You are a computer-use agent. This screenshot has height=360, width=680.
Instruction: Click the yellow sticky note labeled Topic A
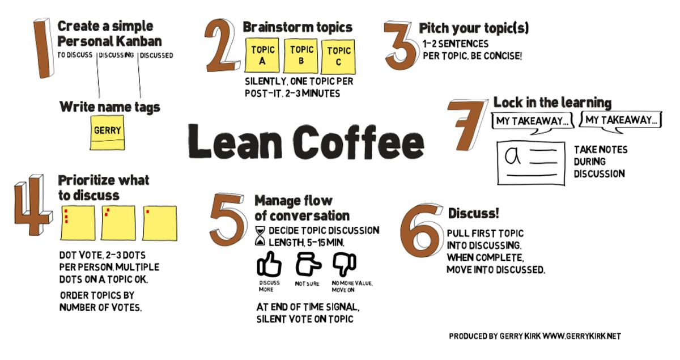pos(262,55)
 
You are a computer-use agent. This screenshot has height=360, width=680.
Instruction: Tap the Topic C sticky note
pos(338,57)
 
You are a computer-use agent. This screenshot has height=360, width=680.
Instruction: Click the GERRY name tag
pos(107,133)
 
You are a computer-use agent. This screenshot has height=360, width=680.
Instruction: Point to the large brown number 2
pos(220,45)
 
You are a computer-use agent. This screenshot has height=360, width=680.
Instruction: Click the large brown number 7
pos(467,125)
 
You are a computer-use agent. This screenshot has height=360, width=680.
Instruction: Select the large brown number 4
pos(33,205)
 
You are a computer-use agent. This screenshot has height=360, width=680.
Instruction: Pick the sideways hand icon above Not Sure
pos(308,264)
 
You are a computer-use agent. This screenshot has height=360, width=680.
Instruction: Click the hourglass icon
pos(260,236)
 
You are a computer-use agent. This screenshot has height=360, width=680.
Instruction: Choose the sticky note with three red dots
pos(78,223)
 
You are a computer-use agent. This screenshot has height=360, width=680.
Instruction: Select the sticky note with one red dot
pos(160,223)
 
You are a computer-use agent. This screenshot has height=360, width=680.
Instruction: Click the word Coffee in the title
pos(358,142)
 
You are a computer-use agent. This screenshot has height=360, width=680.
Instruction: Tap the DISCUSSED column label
pos(156,56)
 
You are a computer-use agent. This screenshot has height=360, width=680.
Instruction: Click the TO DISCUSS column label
pos(75,55)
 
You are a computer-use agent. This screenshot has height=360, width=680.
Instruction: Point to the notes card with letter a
pos(531,163)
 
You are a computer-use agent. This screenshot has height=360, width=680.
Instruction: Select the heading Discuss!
pos(473,213)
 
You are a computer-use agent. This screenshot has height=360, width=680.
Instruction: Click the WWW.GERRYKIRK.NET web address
pos(581,336)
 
